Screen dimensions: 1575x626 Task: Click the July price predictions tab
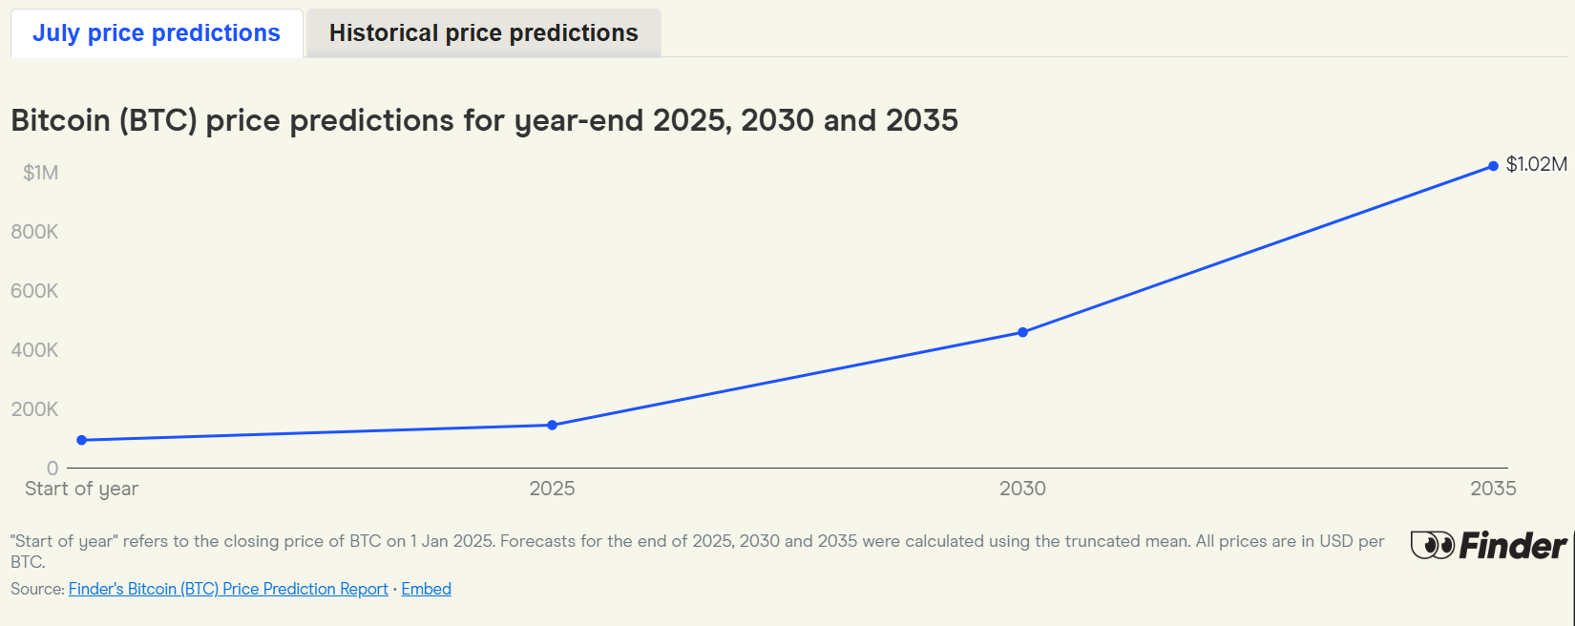click(x=157, y=33)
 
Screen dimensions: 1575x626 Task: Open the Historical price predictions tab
click(x=484, y=33)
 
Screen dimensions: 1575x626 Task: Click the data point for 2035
click(x=1493, y=166)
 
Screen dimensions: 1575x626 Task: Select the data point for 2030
click(x=1022, y=332)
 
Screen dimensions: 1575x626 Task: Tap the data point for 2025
click(x=552, y=425)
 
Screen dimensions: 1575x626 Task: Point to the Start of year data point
click(x=81, y=441)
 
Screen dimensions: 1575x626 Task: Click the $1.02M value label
click(x=1536, y=164)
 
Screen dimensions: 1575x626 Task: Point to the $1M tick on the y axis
click(x=41, y=173)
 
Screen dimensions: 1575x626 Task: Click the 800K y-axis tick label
click(x=34, y=232)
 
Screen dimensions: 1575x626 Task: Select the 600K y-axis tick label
click(x=34, y=291)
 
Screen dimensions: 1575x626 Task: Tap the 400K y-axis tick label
click(x=34, y=350)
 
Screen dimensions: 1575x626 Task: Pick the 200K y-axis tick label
click(x=34, y=408)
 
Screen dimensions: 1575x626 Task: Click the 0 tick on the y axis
click(x=52, y=468)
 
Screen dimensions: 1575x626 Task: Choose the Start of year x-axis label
click(x=81, y=489)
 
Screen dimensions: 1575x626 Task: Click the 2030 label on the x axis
click(x=1022, y=489)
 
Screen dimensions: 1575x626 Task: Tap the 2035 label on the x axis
click(x=1493, y=489)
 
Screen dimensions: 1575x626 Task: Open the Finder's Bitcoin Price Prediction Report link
click(x=228, y=589)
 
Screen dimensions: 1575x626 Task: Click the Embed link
click(x=426, y=589)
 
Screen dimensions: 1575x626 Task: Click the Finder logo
click(x=1488, y=546)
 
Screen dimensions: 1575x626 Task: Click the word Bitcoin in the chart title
click(x=60, y=120)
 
